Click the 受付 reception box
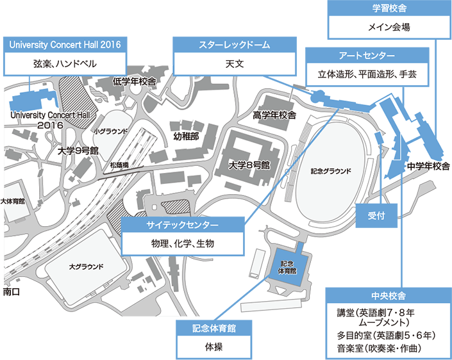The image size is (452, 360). (376, 215)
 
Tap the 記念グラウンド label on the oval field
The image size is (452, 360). (331, 171)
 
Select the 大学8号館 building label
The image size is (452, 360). (249, 165)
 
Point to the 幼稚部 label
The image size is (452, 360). (186, 136)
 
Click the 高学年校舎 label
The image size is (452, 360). (274, 115)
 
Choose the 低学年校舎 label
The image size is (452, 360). (135, 81)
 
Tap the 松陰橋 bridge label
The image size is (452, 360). (119, 165)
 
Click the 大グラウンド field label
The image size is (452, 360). (86, 266)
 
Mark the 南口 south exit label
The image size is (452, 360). (12, 291)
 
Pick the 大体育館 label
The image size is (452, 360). (12, 201)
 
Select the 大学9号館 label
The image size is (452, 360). (78, 151)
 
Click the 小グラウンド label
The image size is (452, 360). (111, 131)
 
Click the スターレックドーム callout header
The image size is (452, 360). (235, 45)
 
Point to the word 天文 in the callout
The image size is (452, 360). (235, 64)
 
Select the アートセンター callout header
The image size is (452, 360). (367, 55)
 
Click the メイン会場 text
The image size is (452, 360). (389, 28)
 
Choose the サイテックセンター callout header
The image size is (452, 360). (183, 225)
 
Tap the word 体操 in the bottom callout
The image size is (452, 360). (214, 347)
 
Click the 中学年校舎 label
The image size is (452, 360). (429, 166)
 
